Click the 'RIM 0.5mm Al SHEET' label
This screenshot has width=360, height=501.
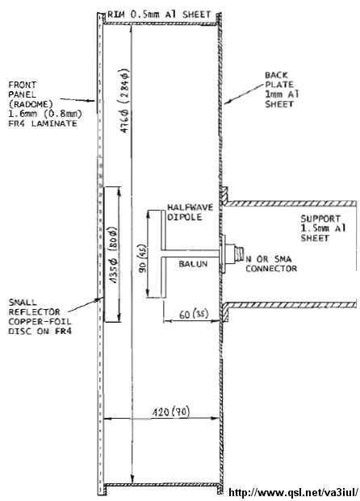pyautogui.click(x=159, y=15)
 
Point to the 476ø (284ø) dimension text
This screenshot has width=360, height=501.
pyautogui.click(x=123, y=101)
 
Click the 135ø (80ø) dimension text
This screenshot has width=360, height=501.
pyautogui.click(x=113, y=255)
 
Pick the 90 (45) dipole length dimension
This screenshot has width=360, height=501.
pyautogui.click(x=142, y=258)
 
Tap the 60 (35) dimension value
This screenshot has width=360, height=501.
pyautogui.click(x=194, y=315)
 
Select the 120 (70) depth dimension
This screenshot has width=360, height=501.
pyautogui.click(x=170, y=411)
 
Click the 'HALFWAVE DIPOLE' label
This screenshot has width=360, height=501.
pyautogui.click(x=190, y=212)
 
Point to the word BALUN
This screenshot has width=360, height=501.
pyautogui.click(x=193, y=264)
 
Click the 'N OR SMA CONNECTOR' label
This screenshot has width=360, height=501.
pyautogui.click(x=271, y=264)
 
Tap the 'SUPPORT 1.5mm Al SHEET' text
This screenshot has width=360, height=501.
pyautogui.click(x=323, y=228)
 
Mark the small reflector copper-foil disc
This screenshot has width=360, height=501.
pyautogui.click(x=104, y=254)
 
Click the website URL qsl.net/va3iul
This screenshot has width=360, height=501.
pyautogui.click(x=294, y=492)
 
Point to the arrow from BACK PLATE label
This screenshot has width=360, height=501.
pyautogui.click(x=243, y=94)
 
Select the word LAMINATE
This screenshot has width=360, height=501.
pyautogui.click(x=54, y=123)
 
